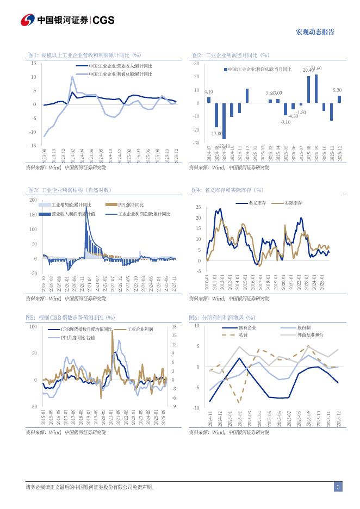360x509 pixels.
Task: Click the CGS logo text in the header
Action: click(x=103, y=20)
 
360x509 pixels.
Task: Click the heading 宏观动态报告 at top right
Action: click(x=315, y=32)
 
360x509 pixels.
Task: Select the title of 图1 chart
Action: click(x=84, y=55)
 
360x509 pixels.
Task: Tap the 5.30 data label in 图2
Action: click(x=337, y=90)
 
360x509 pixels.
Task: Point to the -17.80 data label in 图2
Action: click(x=216, y=133)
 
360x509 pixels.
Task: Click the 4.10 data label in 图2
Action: click(x=208, y=92)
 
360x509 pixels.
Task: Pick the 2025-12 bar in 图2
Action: click(x=339, y=99)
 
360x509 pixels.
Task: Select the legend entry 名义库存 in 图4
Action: click(x=256, y=202)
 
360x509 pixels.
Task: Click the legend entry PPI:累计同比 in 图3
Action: click(x=131, y=204)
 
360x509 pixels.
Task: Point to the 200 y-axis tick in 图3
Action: click(x=33, y=200)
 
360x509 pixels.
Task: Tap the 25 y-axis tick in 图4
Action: click(x=198, y=207)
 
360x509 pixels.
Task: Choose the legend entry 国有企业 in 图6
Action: click(x=247, y=328)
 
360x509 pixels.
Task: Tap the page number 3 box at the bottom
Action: click(x=338, y=487)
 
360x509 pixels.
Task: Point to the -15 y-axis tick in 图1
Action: click(x=33, y=146)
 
